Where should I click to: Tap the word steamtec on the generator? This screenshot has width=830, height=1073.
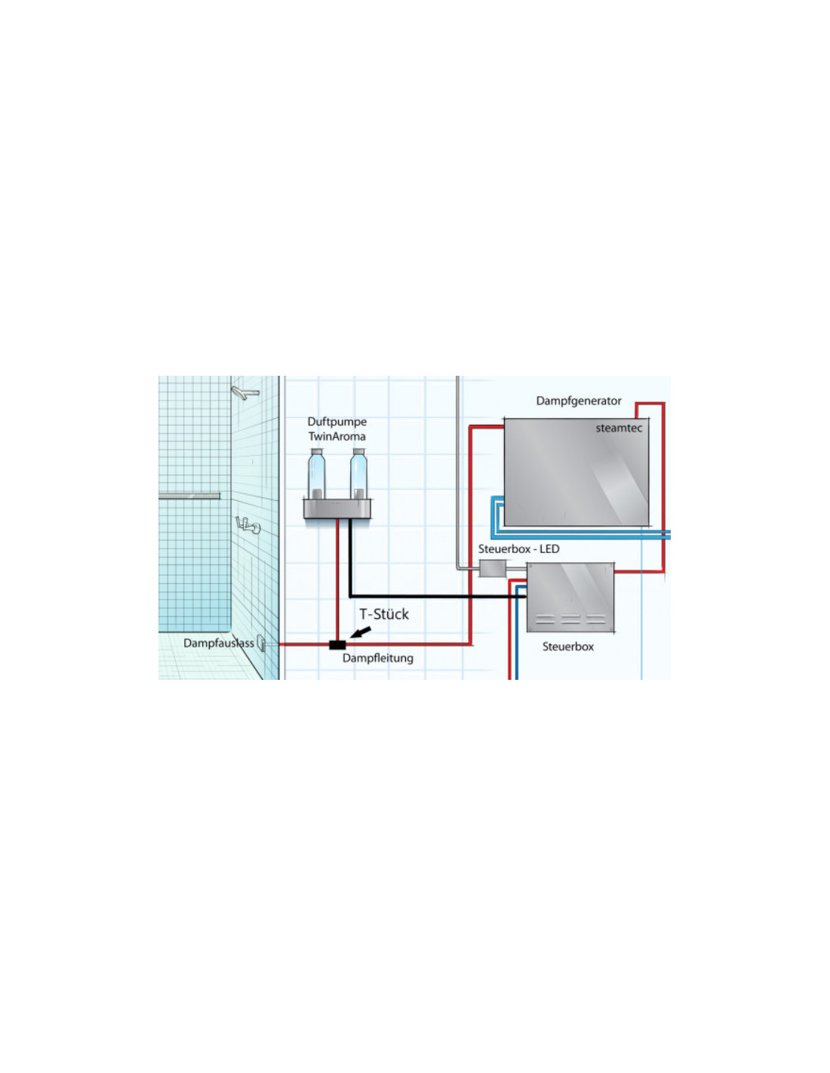tap(619, 428)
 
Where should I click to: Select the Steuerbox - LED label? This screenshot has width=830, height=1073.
tap(518, 549)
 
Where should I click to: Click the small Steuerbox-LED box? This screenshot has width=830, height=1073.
tap(493, 568)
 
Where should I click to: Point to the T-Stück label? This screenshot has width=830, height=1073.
tap(383, 614)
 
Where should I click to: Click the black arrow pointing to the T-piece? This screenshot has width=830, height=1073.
tap(360, 632)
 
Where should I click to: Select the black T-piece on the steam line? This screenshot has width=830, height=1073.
tap(337, 644)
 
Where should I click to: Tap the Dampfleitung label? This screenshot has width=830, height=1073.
tap(378, 658)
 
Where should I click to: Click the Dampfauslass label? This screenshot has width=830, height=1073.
tap(219, 643)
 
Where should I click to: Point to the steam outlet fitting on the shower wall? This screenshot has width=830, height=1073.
tap(261, 644)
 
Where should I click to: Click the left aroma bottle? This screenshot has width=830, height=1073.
tap(316, 474)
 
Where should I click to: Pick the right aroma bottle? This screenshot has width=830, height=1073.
tap(358, 474)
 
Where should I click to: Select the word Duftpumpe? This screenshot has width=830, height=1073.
tap(337, 422)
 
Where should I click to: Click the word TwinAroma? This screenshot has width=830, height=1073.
tap(337, 436)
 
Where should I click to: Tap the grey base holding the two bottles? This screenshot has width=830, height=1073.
tap(337, 509)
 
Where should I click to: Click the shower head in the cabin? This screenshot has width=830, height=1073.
tap(244, 392)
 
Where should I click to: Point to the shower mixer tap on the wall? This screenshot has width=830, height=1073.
tap(247, 525)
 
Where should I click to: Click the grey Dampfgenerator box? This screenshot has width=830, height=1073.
tap(576, 472)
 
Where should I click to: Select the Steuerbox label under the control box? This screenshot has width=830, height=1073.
tap(568, 647)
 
